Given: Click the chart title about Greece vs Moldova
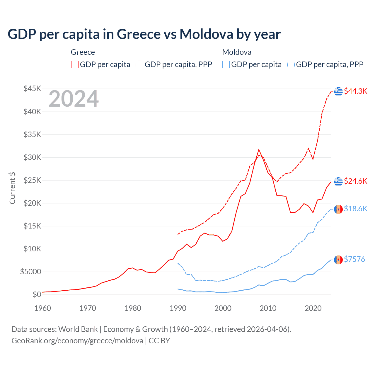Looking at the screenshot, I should (144, 34).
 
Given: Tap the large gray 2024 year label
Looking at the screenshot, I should (74, 99).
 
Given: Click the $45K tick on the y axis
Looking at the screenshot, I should (33, 88).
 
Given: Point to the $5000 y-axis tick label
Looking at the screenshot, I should (30, 272).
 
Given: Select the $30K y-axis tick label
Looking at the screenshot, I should (33, 157).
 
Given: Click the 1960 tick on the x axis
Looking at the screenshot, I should (42, 308).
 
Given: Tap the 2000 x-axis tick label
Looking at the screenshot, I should (223, 308).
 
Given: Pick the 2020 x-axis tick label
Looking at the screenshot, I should (313, 308).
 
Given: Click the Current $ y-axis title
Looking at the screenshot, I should (12, 188).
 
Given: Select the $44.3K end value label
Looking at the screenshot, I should (355, 91).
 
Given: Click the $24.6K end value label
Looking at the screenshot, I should (355, 181).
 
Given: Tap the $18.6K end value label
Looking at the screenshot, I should (355, 209).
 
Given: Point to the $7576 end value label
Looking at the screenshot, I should (354, 259).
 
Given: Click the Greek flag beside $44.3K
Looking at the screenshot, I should (338, 91).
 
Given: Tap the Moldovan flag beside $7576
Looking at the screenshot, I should (338, 260).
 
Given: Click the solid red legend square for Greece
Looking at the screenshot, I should (75, 64).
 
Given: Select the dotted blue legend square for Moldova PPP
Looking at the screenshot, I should (291, 64).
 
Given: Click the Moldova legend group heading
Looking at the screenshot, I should (237, 52).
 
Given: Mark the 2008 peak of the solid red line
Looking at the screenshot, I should (259, 149).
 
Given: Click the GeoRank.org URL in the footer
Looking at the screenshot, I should (77, 341).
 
